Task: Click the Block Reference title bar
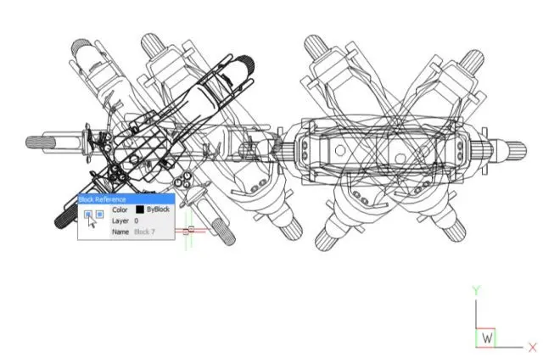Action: click(x=126, y=199)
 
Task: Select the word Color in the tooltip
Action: click(x=120, y=209)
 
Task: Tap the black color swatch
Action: click(x=140, y=209)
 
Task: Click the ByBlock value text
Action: click(x=159, y=209)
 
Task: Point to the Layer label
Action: click(x=120, y=221)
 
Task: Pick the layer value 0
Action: click(x=136, y=221)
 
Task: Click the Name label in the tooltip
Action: click(x=120, y=232)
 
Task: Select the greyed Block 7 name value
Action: click(x=144, y=232)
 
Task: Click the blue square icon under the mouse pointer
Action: click(x=88, y=215)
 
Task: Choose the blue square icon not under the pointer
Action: click(x=100, y=215)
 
